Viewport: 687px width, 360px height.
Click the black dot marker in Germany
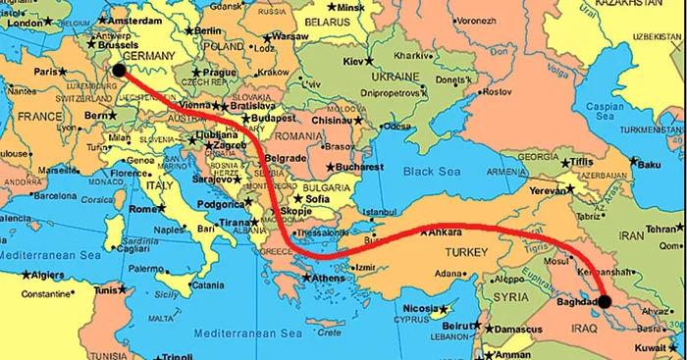(x=120, y=71)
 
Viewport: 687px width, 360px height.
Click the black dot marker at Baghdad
(x=605, y=301)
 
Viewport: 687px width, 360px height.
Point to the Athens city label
(x=330, y=278)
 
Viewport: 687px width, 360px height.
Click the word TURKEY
(x=465, y=252)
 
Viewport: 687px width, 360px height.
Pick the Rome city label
(x=143, y=209)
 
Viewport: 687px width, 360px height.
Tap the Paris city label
(x=46, y=72)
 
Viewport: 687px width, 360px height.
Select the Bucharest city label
(x=358, y=168)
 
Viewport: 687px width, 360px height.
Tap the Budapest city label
(x=273, y=118)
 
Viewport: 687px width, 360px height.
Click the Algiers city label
(x=46, y=276)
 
